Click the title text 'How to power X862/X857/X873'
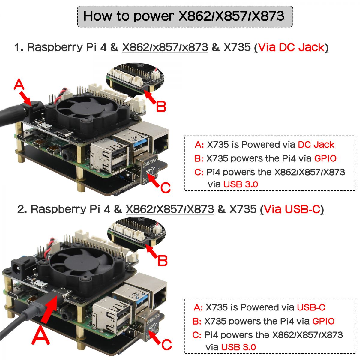[184, 16]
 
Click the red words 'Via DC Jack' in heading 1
[291, 47]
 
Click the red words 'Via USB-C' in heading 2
[292, 209]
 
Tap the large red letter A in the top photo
[19, 85]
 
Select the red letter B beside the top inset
[161, 106]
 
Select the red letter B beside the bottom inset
[162, 260]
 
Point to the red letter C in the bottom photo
[166, 344]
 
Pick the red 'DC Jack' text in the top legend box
[316, 145]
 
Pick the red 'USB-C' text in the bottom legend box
[311, 307]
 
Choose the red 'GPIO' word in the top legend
[325, 158]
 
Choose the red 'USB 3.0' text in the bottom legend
[238, 347]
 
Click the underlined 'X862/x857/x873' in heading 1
[165, 47]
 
